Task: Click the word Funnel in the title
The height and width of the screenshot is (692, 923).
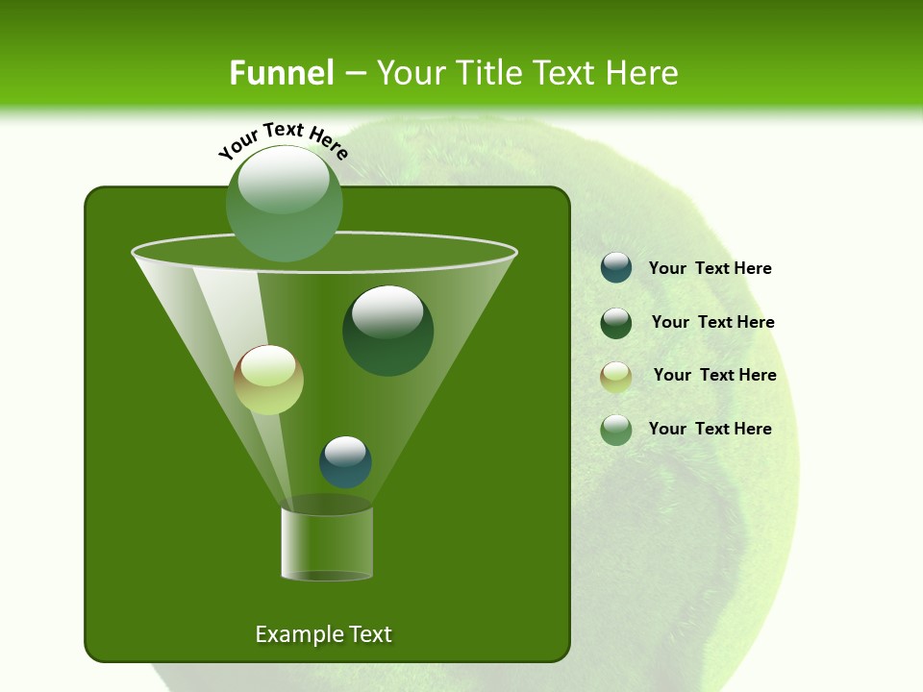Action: [x=281, y=73]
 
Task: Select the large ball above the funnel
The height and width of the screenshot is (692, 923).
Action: [x=285, y=204]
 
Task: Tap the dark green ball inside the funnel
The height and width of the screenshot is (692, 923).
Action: [x=387, y=331]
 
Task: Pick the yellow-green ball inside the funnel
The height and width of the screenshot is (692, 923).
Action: [x=269, y=380]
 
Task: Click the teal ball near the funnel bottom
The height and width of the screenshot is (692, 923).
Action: [x=345, y=462]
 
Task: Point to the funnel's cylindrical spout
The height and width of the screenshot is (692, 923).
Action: [x=327, y=543]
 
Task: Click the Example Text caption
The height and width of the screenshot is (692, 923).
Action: [x=324, y=634]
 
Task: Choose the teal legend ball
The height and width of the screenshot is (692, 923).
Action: [x=616, y=267]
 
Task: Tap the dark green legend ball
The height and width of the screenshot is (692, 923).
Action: [x=616, y=323]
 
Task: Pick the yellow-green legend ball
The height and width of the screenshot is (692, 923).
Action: [x=616, y=377]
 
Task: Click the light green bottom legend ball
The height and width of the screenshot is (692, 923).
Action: [x=616, y=430]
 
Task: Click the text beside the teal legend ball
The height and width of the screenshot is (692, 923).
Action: [x=711, y=269]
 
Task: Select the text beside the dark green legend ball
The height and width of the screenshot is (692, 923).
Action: [x=712, y=323]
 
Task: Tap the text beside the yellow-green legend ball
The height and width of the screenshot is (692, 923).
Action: [x=714, y=376]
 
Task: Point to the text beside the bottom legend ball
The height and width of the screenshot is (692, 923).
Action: [x=711, y=429]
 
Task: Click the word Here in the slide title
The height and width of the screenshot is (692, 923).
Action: [x=643, y=73]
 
